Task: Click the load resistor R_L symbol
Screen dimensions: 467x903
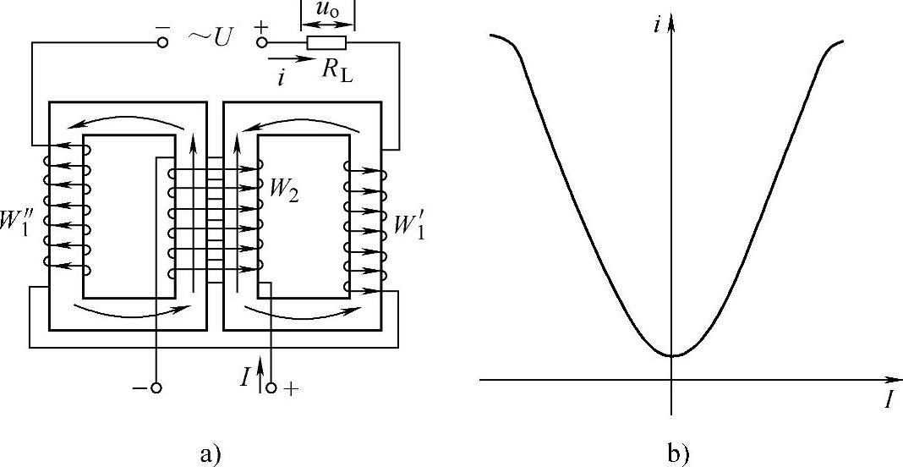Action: (326, 42)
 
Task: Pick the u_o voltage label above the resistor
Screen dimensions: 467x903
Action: (326, 11)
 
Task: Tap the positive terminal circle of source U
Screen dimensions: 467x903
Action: (261, 41)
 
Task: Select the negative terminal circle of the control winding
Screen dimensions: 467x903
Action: (156, 388)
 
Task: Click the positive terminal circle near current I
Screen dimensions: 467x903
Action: (271, 388)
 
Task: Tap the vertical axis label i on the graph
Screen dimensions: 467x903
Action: (657, 25)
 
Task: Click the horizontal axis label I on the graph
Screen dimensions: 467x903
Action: (889, 399)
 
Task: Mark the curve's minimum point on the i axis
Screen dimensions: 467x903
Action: (671, 355)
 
